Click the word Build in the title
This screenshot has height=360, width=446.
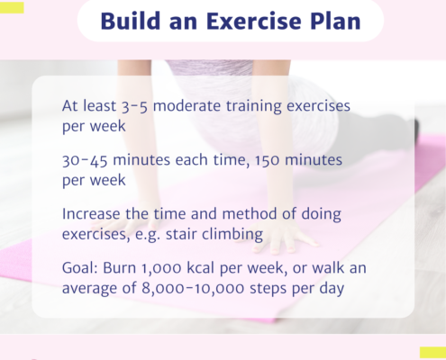point(131,21)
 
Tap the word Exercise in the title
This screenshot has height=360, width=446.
point(254,21)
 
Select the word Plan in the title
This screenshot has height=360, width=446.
point(335,21)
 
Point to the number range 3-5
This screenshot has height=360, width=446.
point(135,106)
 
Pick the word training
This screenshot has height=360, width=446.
point(254,107)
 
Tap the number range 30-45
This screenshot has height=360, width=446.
point(85,160)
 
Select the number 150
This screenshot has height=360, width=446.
point(267,160)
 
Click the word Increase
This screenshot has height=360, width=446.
point(91,214)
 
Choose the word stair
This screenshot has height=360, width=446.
point(181,234)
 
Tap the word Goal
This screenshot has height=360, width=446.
point(80,267)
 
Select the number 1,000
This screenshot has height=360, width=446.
point(161,268)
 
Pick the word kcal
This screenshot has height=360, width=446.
point(201,267)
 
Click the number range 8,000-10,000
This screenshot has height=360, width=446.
point(193,289)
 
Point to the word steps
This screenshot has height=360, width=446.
point(269,289)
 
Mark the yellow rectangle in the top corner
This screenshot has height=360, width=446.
point(12,7)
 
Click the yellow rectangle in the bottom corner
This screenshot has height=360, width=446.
point(432,353)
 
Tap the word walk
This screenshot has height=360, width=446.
point(328,267)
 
